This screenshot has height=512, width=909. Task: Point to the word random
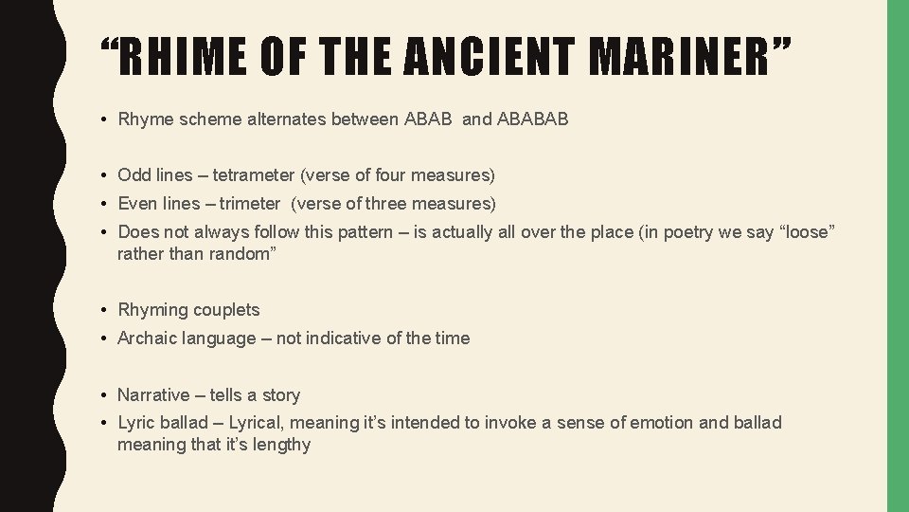point(240,253)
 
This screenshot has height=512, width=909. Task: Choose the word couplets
point(226,310)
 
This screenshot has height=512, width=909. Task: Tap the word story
point(281,395)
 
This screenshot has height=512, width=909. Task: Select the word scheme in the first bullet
point(200,119)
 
